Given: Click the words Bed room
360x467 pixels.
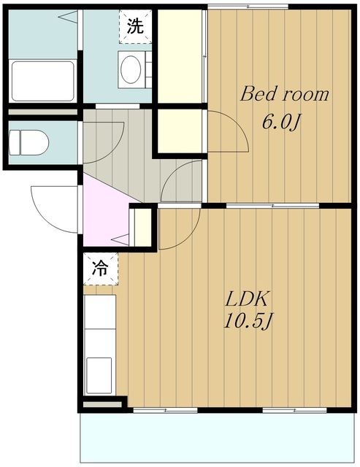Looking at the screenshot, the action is pyautogui.click(x=285, y=94).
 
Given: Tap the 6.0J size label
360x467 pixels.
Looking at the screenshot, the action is pyautogui.click(x=280, y=122).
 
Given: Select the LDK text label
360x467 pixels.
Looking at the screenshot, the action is pyautogui.click(x=247, y=298).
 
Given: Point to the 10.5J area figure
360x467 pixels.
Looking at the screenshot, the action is pyautogui.click(x=248, y=322).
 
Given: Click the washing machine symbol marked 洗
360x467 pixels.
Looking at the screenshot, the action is pyautogui.click(x=135, y=26).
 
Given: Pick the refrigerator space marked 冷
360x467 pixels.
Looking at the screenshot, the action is pyautogui.click(x=101, y=269).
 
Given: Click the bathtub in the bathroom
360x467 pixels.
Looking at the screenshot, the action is pyautogui.click(x=42, y=81).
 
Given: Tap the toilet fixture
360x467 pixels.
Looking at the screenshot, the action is pyautogui.click(x=28, y=142).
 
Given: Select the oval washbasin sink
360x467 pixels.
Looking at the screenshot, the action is pyautogui.click(x=131, y=69).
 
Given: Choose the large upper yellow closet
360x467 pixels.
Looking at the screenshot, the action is pyautogui.click(x=180, y=56).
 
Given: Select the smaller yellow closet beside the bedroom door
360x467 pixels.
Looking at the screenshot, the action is pyautogui.click(x=180, y=131).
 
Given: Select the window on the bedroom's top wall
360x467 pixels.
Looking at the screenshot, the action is pyautogui.click(x=248, y=7).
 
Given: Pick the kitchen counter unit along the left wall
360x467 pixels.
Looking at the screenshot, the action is pyautogui.click(x=100, y=344).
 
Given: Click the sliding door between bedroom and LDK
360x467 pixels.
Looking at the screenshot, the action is pyautogui.click(x=272, y=206).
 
